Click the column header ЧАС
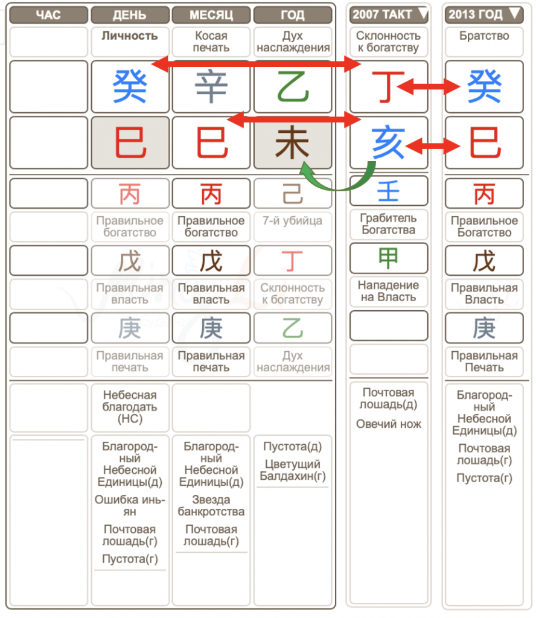pyautogui.click(x=48, y=14)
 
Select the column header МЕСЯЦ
pyautogui.click(x=211, y=14)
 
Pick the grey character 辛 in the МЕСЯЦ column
pyautogui.click(x=211, y=87)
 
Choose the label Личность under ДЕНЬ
pyautogui.click(x=129, y=36)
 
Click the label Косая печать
pyautogui.click(x=211, y=42)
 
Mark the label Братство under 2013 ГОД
pyautogui.click(x=484, y=36)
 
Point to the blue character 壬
pyautogui.click(x=389, y=193)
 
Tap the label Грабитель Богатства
pyautogui.click(x=389, y=224)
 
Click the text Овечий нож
pyautogui.click(x=389, y=424)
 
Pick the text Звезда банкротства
pyautogui.click(x=211, y=506)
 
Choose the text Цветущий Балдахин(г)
pyautogui.click(x=292, y=470)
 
